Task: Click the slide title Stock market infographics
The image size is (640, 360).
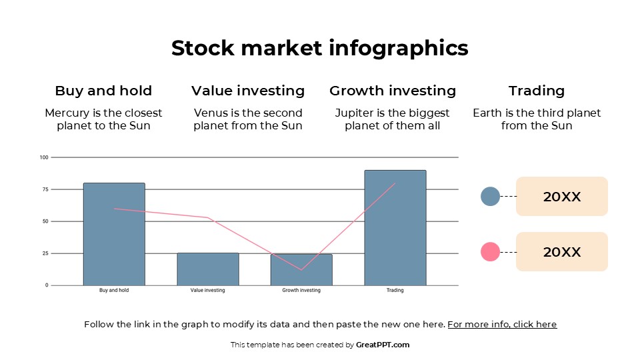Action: (x=319, y=48)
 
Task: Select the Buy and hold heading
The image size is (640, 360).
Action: (x=103, y=91)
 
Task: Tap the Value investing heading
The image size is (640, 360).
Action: (x=247, y=91)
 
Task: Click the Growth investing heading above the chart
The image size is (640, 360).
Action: (x=392, y=91)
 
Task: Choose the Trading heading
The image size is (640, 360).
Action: (x=536, y=91)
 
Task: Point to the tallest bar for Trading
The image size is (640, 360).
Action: (x=395, y=227)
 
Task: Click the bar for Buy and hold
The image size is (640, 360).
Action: (x=114, y=233)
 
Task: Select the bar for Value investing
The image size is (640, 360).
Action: (x=207, y=269)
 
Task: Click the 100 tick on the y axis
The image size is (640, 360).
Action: (x=44, y=157)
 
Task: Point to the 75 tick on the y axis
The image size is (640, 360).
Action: (x=45, y=189)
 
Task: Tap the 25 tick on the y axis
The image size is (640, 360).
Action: (x=45, y=253)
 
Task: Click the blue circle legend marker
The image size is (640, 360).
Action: (x=490, y=196)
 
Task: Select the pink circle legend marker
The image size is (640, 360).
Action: (x=490, y=252)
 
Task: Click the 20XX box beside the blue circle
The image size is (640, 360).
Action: (x=561, y=197)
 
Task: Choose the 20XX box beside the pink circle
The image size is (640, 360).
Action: (x=561, y=252)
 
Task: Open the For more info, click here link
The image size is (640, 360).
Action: (x=501, y=325)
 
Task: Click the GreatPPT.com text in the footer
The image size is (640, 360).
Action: (x=383, y=345)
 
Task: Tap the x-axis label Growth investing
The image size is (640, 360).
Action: (x=301, y=291)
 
